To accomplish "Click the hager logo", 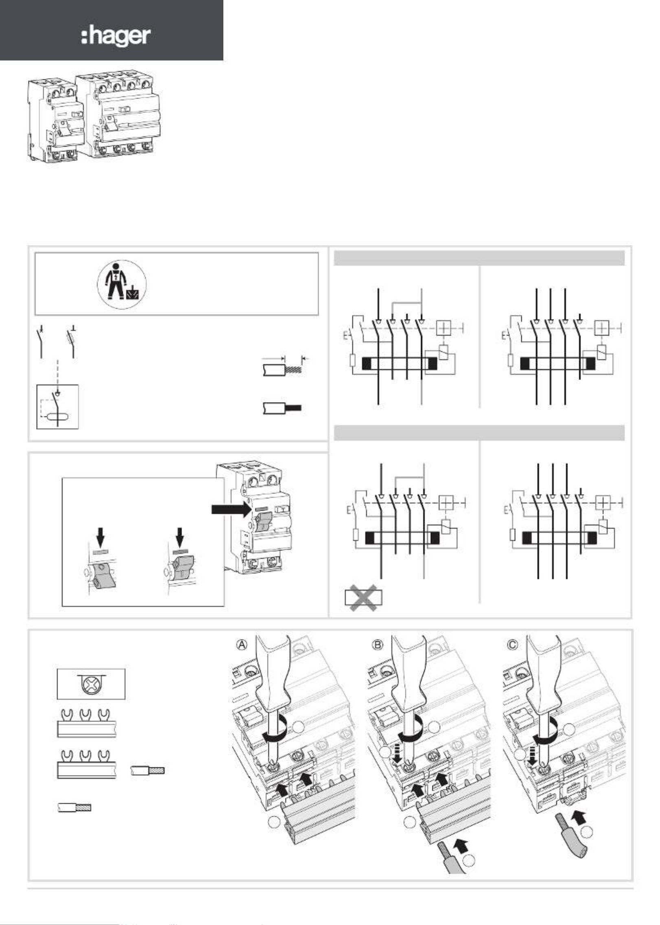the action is tap(116, 36).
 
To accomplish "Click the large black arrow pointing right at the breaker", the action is tap(231, 510).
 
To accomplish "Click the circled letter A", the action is tap(242, 645).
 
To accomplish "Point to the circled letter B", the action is tap(378, 645).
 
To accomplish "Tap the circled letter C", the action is tap(513, 645).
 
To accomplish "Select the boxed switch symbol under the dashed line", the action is tap(57, 407).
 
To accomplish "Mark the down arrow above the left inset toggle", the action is tap(101, 537).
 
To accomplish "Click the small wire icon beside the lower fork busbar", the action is tap(147, 770).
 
